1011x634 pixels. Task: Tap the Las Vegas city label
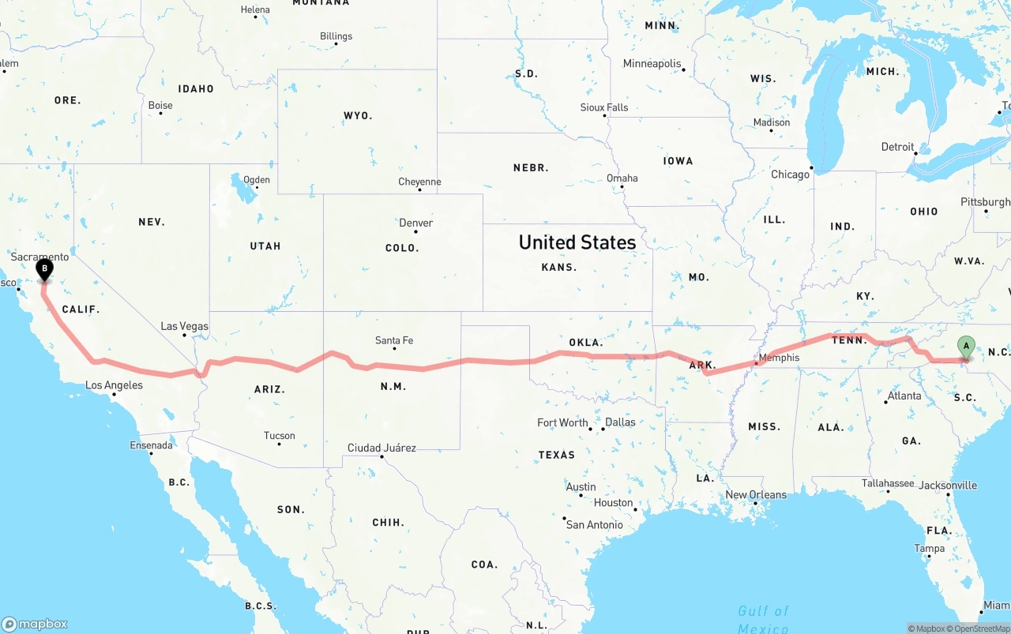(184, 326)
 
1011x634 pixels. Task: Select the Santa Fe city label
(393, 340)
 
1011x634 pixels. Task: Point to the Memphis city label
(779, 358)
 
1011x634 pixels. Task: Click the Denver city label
(415, 223)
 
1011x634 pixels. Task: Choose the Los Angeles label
(114, 385)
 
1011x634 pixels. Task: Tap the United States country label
(577, 242)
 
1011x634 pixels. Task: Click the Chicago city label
(790, 174)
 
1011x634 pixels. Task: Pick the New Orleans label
(756, 495)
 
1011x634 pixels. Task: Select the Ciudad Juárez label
(381, 448)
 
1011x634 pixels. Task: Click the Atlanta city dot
(885, 403)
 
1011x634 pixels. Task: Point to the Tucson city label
(279, 435)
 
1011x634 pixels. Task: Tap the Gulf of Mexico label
(763, 619)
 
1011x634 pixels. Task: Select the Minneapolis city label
(652, 63)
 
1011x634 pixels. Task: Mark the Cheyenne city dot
(419, 189)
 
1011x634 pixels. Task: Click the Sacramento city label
(39, 257)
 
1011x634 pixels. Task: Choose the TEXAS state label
(556, 455)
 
